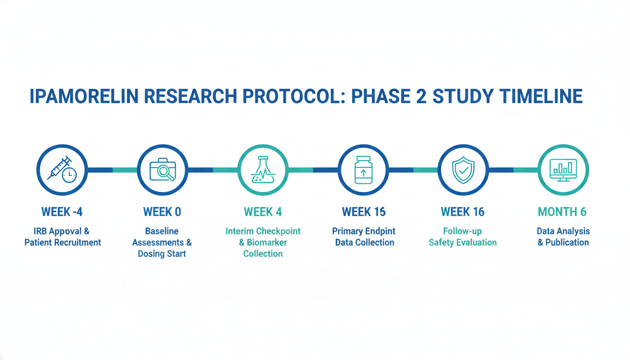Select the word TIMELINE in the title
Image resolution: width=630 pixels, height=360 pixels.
(x=540, y=96)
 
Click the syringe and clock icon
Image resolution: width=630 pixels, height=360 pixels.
(x=62, y=170)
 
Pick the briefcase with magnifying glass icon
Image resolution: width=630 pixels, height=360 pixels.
(x=163, y=170)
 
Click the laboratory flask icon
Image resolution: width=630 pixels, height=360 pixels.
(x=262, y=170)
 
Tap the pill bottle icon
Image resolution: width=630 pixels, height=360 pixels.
(x=363, y=170)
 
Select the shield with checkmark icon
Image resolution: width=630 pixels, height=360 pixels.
(x=463, y=170)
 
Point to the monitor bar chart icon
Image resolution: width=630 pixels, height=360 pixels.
(x=563, y=170)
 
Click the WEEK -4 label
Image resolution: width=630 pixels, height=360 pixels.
(x=62, y=212)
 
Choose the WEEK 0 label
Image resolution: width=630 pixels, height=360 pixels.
(x=162, y=212)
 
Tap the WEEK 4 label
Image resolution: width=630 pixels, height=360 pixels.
(x=262, y=212)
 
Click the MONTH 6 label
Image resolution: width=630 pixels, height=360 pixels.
(x=562, y=212)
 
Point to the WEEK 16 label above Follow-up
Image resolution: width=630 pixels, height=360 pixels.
(x=463, y=212)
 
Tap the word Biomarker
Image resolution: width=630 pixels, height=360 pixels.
(x=267, y=242)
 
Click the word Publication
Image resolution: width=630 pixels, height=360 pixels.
(x=567, y=242)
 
